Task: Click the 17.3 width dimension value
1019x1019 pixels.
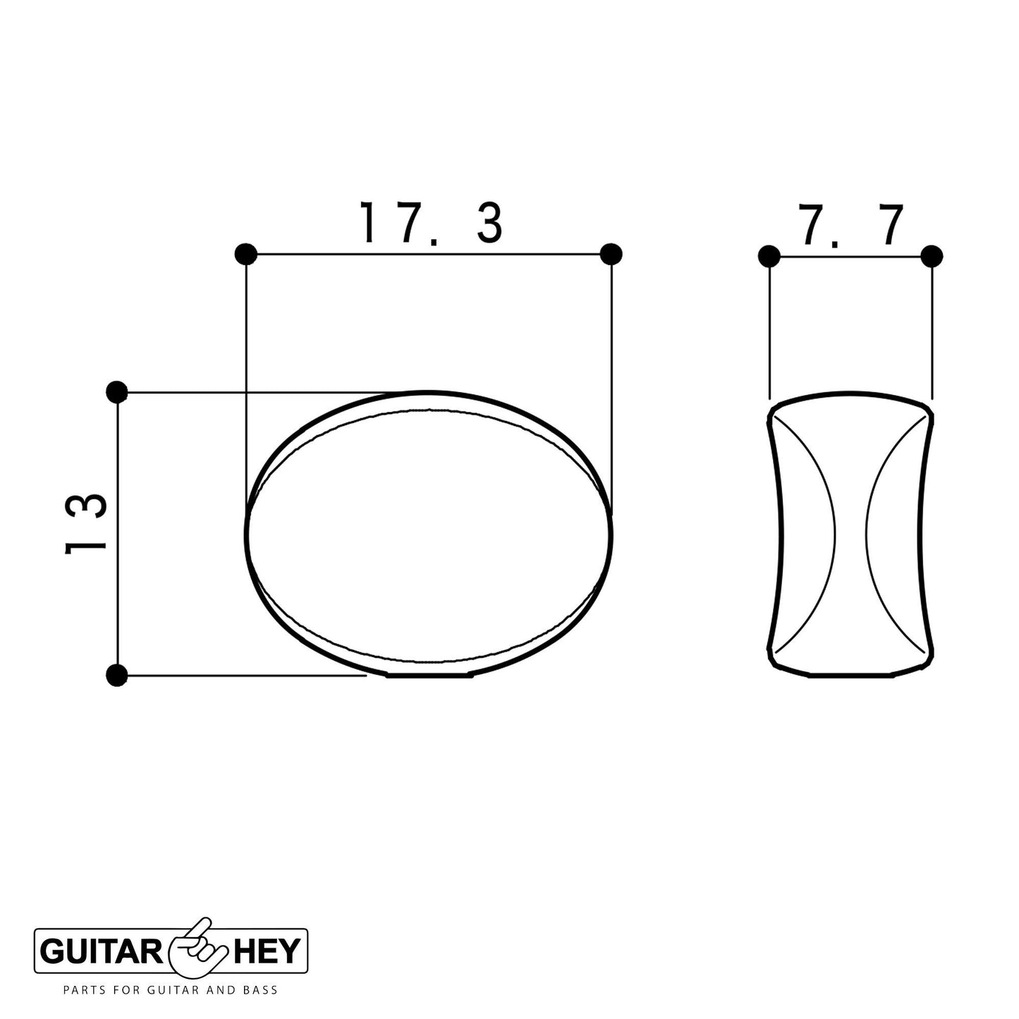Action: pyautogui.click(x=431, y=223)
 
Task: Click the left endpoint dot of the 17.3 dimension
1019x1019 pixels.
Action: pyautogui.click(x=245, y=253)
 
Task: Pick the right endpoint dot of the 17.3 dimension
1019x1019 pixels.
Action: pyautogui.click(x=611, y=253)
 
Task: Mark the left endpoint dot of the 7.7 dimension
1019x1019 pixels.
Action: pyautogui.click(x=769, y=255)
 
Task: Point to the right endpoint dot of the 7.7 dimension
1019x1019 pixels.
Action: pyautogui.click(x=932, y=255)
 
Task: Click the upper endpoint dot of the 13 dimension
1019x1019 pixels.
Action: pyautogui.click(x=116, y=391)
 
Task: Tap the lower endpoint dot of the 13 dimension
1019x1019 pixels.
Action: pyautogui.click(x=118, y=675)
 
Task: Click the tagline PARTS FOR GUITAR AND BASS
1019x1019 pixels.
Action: pyautogui.click(x=171, y=991)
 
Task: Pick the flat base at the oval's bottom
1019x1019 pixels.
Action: pyautogui.click(x=429, y=676)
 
